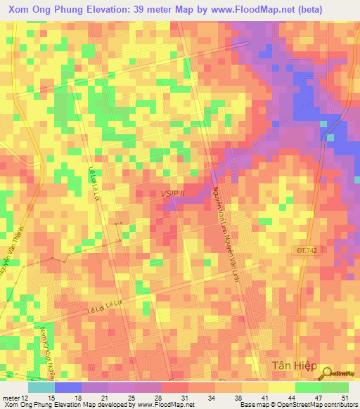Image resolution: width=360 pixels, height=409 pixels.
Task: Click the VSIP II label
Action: [x=172, y=192]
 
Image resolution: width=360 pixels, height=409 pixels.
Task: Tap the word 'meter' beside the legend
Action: [x=11, y=398]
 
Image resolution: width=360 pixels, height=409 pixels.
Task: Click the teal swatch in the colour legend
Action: [x=41, y=387]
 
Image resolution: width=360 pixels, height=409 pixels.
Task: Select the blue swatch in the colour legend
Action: [x=68, y=387]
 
